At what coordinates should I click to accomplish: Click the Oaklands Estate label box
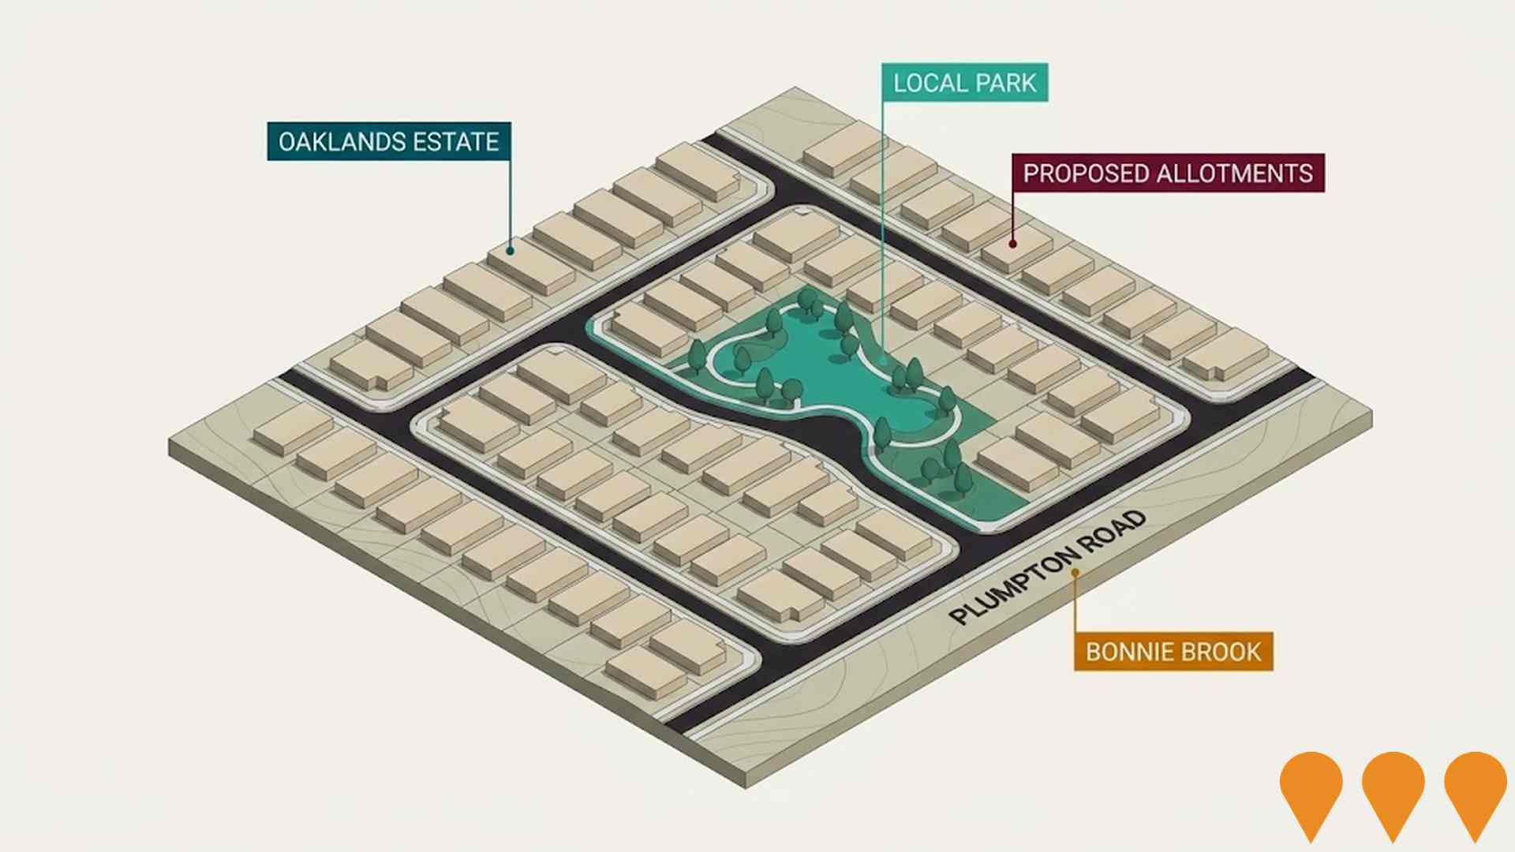(389, 141)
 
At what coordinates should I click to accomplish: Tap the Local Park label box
(964, 83)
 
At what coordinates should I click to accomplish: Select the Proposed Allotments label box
(1168, 173)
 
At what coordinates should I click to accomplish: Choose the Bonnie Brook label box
(1173, 652)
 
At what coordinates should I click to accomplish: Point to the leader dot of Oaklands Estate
(511, 251)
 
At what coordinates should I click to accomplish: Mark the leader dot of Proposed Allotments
(1013, 244)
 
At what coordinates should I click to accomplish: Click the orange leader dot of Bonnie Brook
(1075, 573)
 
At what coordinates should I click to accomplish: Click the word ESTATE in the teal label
(456, 141)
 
